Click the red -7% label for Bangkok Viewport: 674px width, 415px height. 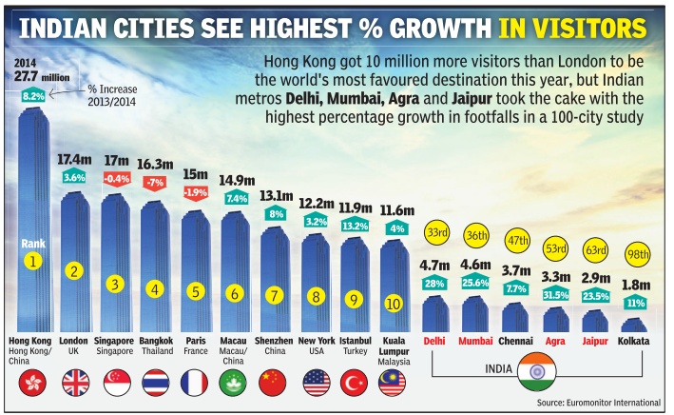[154, 182]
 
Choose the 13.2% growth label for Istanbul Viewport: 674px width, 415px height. [354, 227]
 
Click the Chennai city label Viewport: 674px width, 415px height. [514, 340]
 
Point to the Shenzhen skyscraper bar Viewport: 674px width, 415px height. [274, 276]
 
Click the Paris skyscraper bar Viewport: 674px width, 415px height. [194, 267]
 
